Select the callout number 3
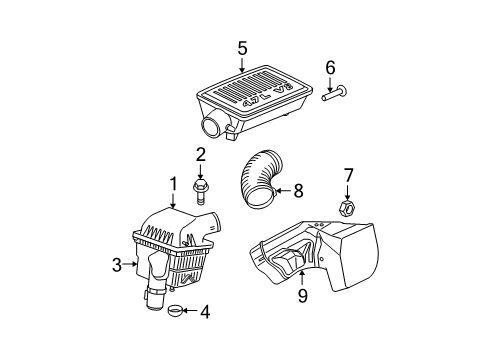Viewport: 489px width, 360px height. click(117, 264)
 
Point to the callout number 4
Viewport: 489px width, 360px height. click(204, 312)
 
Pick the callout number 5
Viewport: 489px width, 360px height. click(241, 47)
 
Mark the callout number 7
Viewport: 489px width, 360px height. click(349, 177)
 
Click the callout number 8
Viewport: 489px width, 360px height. click(297, 189)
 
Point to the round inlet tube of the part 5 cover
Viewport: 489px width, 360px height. click(213, 127)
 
